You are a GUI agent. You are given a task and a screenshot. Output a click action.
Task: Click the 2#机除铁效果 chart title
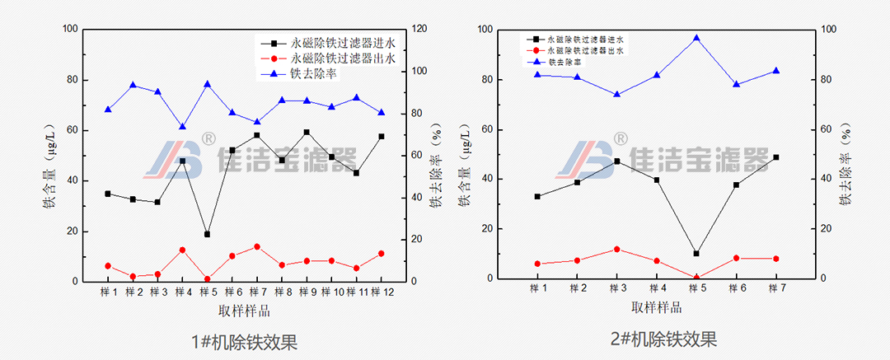(663, 339)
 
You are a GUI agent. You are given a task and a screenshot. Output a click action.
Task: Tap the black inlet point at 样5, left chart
(207, 235)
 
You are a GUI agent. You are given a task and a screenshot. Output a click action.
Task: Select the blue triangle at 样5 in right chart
(696, 38)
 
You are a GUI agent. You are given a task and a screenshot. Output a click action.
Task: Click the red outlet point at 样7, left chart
(257, 246)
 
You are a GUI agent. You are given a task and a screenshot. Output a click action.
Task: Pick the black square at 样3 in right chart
(616, 161)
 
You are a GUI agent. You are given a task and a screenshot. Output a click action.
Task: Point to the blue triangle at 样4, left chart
(182, 127)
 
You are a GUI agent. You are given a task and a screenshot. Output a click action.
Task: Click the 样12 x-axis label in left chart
(381, 292)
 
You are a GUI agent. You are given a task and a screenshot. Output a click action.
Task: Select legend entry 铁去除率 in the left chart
(313, 73)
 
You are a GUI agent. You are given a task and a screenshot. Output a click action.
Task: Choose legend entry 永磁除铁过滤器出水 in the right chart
(584, 50)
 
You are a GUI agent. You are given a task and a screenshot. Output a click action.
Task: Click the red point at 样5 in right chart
(696, 278)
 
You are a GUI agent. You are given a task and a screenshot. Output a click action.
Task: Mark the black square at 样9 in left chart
(307, 132)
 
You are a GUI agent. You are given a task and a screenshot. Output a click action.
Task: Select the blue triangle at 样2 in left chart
(133, 85)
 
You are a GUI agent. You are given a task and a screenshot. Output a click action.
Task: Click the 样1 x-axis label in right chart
(538, 288)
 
